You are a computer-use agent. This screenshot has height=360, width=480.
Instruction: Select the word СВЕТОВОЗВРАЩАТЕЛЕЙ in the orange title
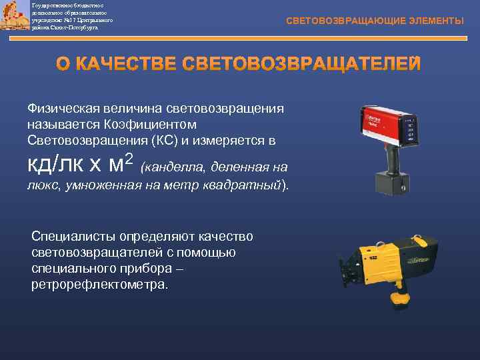tap(301, 64)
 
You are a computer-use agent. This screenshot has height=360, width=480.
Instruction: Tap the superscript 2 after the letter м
tap(129, 159)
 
